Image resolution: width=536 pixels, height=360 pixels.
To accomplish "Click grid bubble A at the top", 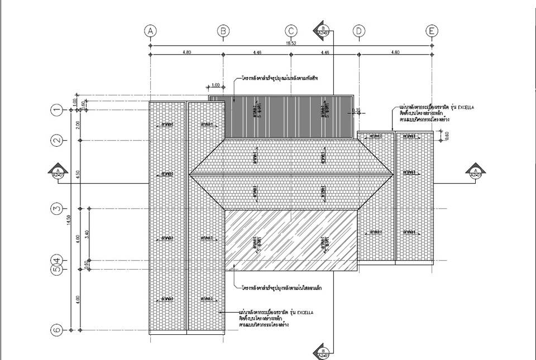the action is pyautogui.click(x=150, y=31).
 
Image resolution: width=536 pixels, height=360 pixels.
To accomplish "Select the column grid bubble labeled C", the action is pyautogui.click(x=291, y=31).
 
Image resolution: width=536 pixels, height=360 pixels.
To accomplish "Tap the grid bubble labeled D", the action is pyautogui.click(x=359, y=31).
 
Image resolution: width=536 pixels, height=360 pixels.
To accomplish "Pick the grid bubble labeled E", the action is pyautogui.click(x=432, y=31).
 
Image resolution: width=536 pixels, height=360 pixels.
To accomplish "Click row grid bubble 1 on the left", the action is pyautogui.click(x=56, y=110).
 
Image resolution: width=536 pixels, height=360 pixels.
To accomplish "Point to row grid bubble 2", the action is pyautogui.click(x=56, y=141).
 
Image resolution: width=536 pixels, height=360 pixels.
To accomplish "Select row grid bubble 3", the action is pyautogui.click(x=56, y=209).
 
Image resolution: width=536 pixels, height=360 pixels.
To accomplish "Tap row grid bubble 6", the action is pyautogui.click(x=56, y=330).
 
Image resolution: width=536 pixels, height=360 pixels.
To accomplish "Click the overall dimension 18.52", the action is pyautogui.click(x=290, y=43).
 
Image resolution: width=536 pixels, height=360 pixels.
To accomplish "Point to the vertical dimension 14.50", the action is pyautogui.click(x=70, y=220).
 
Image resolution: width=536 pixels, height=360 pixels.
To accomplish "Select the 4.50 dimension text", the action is pyautogui.click(x=79, y=174).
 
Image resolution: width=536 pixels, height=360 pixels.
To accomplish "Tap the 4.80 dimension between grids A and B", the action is pyautogui.click(x=186, y=52).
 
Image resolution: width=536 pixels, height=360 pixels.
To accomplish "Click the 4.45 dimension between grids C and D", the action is pyautogui.click(x=324, y=52).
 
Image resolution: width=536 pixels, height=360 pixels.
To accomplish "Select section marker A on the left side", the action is pyautogui.click(x=58, y=172).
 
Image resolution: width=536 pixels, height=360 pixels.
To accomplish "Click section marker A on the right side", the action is pyautogui.click(x=476, y=172).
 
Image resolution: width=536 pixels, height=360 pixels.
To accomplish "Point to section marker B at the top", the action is pyautogui.click(x=324, y=29).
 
